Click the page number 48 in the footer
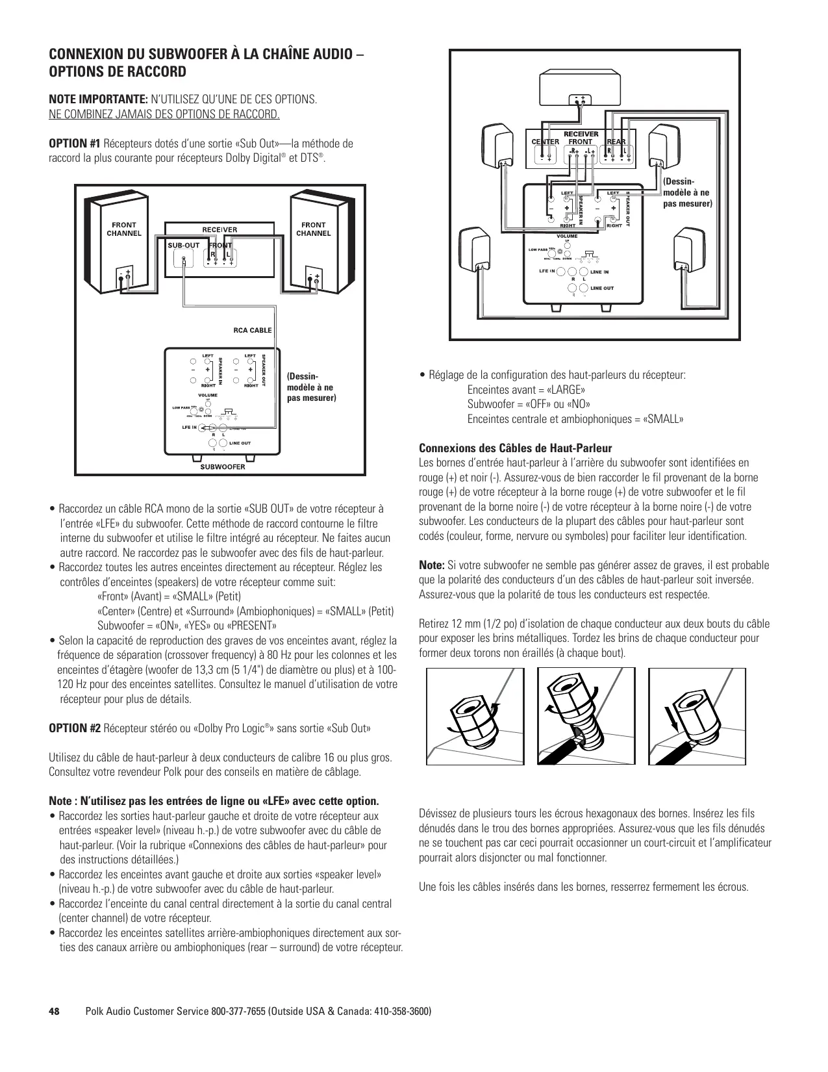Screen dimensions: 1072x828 pos(55,1012)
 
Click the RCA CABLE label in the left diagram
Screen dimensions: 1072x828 pos(253,330)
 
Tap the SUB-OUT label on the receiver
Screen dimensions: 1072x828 pos(184,246)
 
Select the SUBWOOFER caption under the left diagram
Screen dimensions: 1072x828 pos(222,466)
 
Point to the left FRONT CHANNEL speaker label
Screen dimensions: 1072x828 pos(123,229)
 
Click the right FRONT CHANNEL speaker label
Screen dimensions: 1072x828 pos(314,229)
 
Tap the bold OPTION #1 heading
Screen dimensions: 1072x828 pos(75,143)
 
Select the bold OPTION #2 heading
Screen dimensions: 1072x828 pos(75,728)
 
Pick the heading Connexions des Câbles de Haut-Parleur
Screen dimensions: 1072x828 pos(516,448)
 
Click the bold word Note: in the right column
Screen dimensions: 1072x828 pos(432,565)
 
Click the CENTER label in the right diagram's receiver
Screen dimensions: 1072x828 pos(545,142)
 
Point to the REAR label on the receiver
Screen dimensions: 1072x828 pos(616,142)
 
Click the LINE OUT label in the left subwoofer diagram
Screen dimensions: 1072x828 pos(240,443)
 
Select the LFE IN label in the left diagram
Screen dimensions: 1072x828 pos(190,428)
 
